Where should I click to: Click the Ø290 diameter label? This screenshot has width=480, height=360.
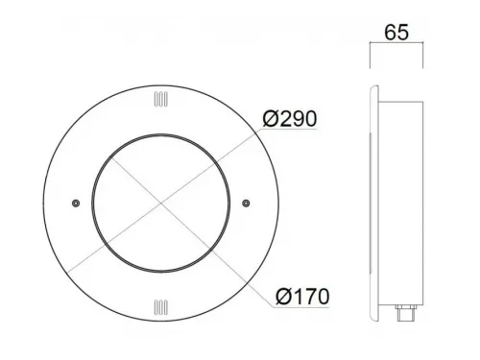pyautogui.click(x=290, y=119)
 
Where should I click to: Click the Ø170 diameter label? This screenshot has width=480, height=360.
pyautogui.click(x=302, y=297)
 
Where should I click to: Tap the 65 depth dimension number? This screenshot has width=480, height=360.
pyautogui.click(x=396, y=33)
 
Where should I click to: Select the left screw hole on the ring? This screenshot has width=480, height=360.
pyautogui.click(x=76, y=204)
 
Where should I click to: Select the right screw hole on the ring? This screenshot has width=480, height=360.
pyautogui.click(x=246, y=204)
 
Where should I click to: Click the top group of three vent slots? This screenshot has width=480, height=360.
pyautogui.click(x=160, y=99)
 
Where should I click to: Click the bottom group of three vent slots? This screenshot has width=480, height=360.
pyautogui.click(x=160, y=307)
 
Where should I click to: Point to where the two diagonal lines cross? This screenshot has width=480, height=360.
pyautogui.click(x=161, y=203)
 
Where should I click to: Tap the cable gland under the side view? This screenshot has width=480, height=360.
pyautogui.click(x=406, y=313)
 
